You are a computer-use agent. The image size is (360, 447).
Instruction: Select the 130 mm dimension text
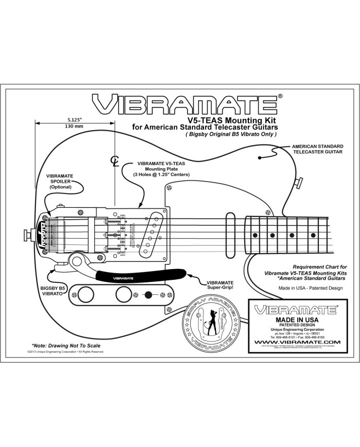[75, 126]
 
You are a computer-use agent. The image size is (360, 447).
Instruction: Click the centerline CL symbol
[115, 161]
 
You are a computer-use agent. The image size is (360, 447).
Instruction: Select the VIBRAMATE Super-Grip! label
[220, 285]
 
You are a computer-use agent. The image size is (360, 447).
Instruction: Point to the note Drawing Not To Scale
[65, 345]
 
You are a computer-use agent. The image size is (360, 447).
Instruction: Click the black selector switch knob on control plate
[149, 295]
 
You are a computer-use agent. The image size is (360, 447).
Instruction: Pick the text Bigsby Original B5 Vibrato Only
[231, 134]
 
